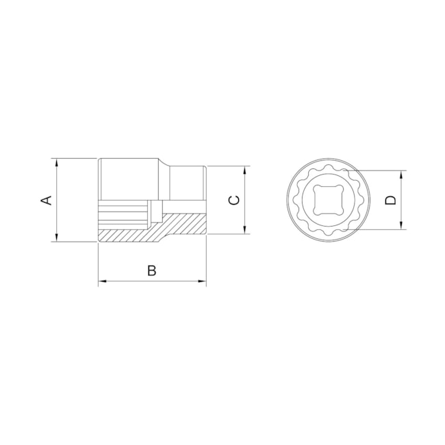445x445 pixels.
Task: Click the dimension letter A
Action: tap(47, 200)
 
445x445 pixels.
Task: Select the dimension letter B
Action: tap(151, 270)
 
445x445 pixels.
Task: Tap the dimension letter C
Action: tap(234, 200)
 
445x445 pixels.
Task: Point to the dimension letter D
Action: tap(390, 200)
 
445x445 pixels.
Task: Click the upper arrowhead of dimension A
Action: tap(57, 163)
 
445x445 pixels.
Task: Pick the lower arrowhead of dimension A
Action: tap(57, 238)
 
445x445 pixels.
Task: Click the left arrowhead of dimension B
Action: tap(103, 281)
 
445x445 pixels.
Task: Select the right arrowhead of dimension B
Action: tap(202, 281)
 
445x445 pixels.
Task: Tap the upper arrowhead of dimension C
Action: tap(245, 170)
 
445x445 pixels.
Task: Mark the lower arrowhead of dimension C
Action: tap(245, 229)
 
